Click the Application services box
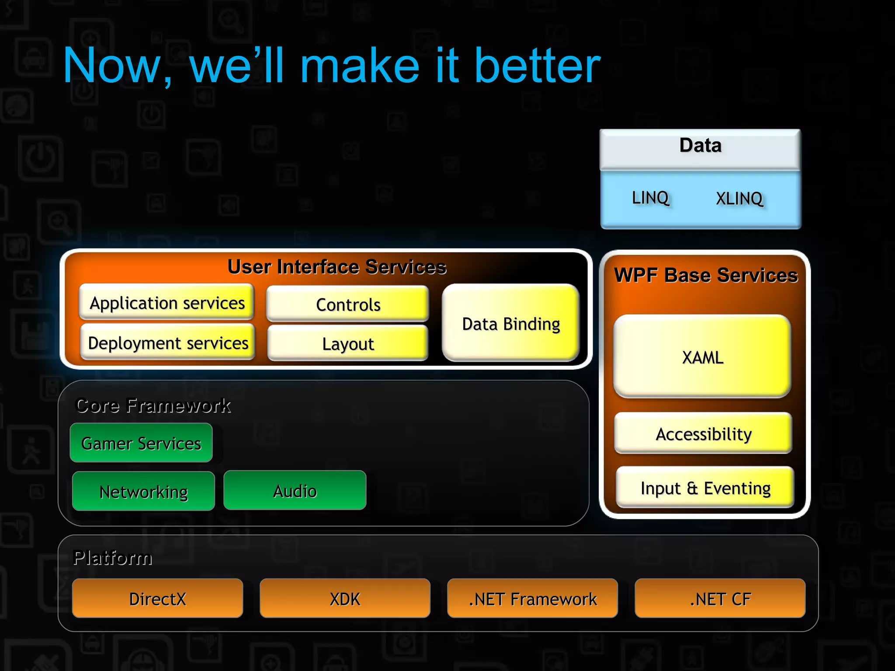[167, 302]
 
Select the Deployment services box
[168, 342]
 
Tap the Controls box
[348, 304]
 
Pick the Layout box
[348, 343]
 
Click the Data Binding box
[510, 323]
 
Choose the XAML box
[702, 356]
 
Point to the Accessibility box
[703, 433]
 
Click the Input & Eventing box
[705, 488]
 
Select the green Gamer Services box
[141, 443]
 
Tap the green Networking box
[143, 491]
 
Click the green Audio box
[295, 491]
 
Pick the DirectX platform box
[157, 598]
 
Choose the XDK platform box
[345, 598]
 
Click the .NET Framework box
[532, 598]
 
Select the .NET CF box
[720, 598]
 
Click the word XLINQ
[739, 198]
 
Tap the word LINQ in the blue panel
[650, 197]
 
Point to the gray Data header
[700, 146]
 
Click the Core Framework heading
[153, 405]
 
